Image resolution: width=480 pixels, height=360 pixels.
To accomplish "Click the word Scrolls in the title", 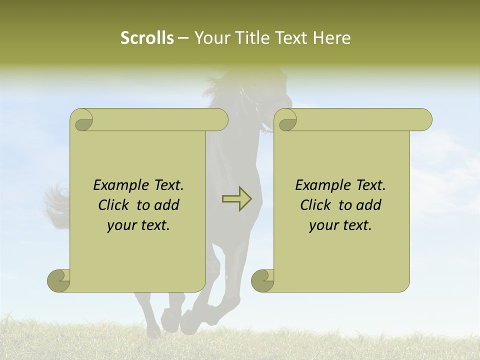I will (x=147, y=38).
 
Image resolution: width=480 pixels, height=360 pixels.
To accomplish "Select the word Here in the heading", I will (x=331, y=38).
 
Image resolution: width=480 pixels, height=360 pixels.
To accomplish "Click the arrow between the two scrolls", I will (x=236, y=199).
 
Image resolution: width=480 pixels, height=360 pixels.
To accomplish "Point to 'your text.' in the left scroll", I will (x=138, y=225).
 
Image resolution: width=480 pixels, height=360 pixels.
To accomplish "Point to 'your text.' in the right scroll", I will (x=340, y=225).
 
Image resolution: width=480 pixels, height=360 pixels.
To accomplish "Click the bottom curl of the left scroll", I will (x=59, y=280).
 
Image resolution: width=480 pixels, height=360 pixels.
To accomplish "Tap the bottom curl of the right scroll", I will (x=262, y=280).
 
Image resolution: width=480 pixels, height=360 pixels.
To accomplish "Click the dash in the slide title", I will (x=183, y=38).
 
